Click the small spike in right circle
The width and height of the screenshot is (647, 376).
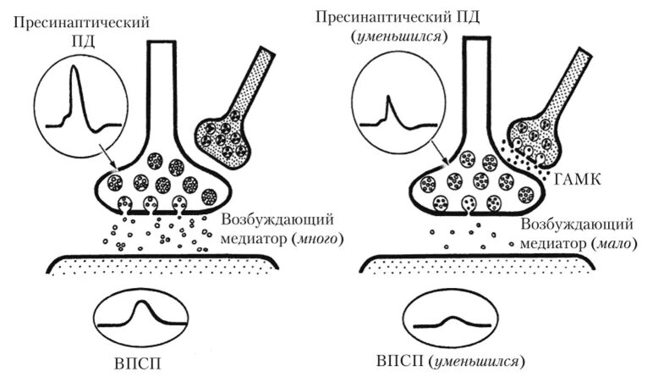[387, 108]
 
